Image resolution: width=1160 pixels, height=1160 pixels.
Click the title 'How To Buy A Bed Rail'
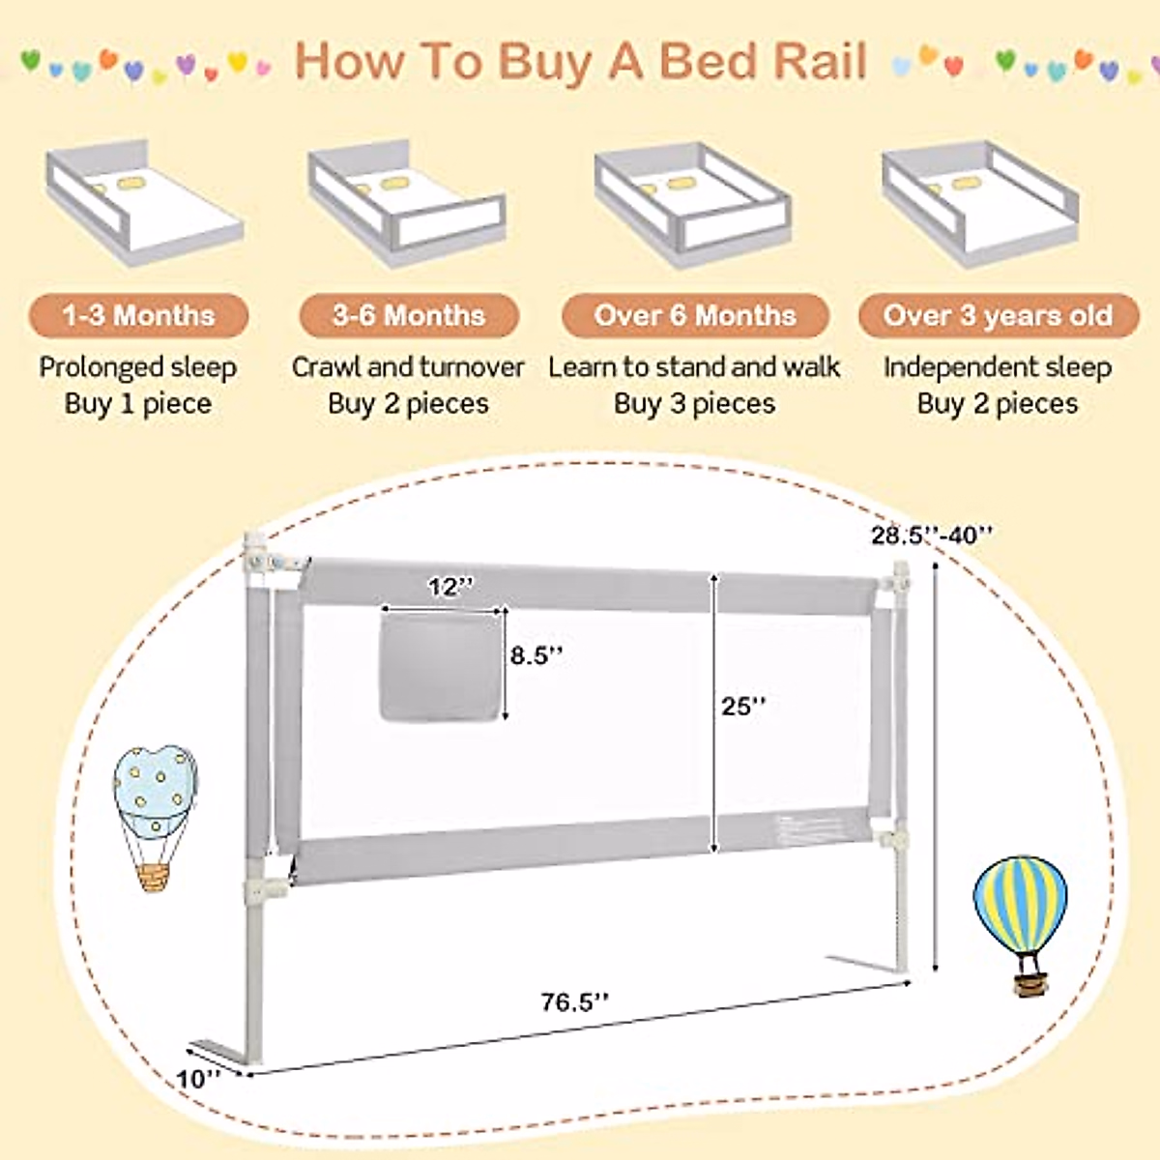coord(580,61)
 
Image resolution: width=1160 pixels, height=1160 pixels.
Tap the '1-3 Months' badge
coord(138,316)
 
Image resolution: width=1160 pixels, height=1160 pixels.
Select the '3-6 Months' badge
coord(409,316)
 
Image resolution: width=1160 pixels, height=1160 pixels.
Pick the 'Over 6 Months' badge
coord(695,316)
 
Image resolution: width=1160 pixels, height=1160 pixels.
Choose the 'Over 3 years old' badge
coord(998,316)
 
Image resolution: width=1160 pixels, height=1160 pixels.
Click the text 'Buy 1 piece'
coord(138,404)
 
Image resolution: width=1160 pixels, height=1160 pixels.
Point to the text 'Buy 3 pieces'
coord(695,404)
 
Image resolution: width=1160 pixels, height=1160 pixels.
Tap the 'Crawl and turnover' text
coord(407,367)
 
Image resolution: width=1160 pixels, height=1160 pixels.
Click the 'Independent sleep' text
coord(998,367)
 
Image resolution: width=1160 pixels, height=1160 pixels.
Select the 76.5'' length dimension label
coord(574,1001)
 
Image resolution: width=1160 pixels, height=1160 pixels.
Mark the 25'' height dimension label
coord(742,707)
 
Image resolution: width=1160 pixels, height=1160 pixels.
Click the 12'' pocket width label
coord(450,587)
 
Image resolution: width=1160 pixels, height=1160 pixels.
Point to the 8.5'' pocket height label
coord(536,655)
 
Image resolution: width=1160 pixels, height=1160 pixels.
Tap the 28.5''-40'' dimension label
coord(931,535)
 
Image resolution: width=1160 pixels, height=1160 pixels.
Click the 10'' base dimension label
coord(199,1078)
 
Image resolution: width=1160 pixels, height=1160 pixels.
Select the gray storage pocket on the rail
coord(441,668)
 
